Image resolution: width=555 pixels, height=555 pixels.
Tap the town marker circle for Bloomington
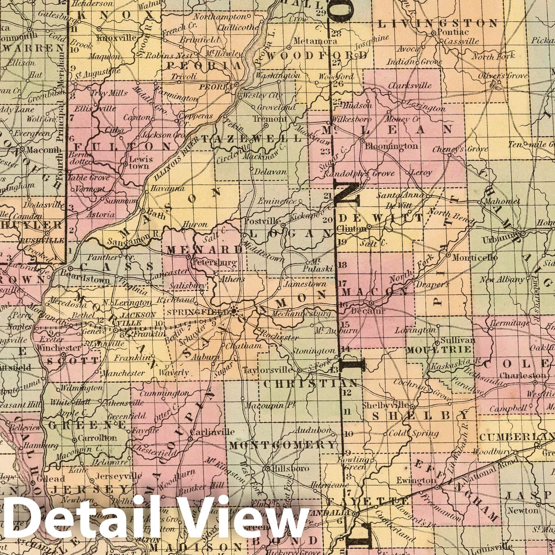[x=361, y=142]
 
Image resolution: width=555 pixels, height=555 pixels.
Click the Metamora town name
[x=315, y=41]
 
